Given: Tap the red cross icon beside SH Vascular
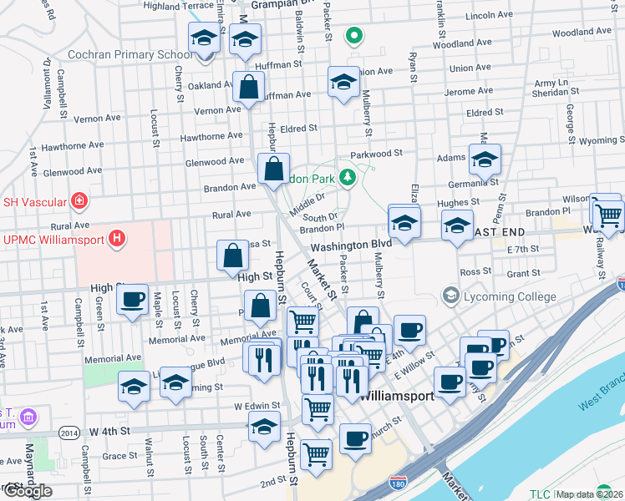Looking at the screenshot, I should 79,200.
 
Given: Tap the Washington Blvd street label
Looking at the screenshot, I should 351,245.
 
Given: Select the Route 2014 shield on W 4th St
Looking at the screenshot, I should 69,432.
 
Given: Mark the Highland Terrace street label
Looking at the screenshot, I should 179,5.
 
